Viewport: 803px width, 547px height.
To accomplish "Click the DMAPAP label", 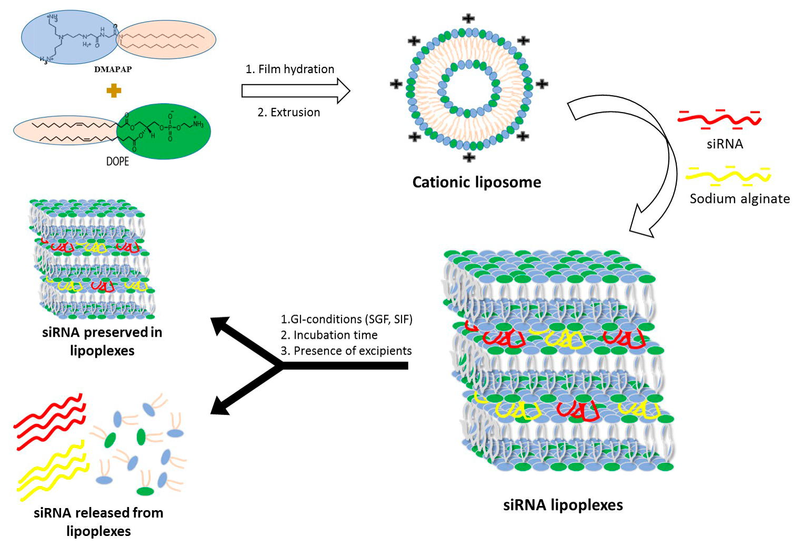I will [x=113, y=69].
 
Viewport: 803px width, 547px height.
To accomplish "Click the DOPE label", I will [x=117, y=161].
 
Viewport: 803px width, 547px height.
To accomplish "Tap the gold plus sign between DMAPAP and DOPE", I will [x=114, y=90].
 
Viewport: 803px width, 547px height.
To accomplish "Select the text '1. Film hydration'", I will [x=290, y=69].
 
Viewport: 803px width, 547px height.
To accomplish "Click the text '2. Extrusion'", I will [x=289, y=112].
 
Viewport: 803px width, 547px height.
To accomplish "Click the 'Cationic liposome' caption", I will [x=476, y=182].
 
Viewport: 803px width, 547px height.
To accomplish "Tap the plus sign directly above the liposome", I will [x=468, y=19].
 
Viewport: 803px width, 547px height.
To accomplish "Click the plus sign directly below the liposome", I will [x=468, y=157].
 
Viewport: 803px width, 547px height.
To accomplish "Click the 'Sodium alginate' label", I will [x=739, y=198].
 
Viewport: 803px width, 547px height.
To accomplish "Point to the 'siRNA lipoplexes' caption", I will [x=563, y=505].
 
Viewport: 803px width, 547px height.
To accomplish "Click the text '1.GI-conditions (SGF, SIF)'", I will [x=346, y=319].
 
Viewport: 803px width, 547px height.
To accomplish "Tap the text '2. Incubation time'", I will [x=329, y=335].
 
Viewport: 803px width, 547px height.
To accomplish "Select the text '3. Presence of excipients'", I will [x=346, y=351].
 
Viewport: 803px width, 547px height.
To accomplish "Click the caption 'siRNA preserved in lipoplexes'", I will [x=102, y=341].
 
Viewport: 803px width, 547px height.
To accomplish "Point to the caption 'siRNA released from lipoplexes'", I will [x=98, y=521].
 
